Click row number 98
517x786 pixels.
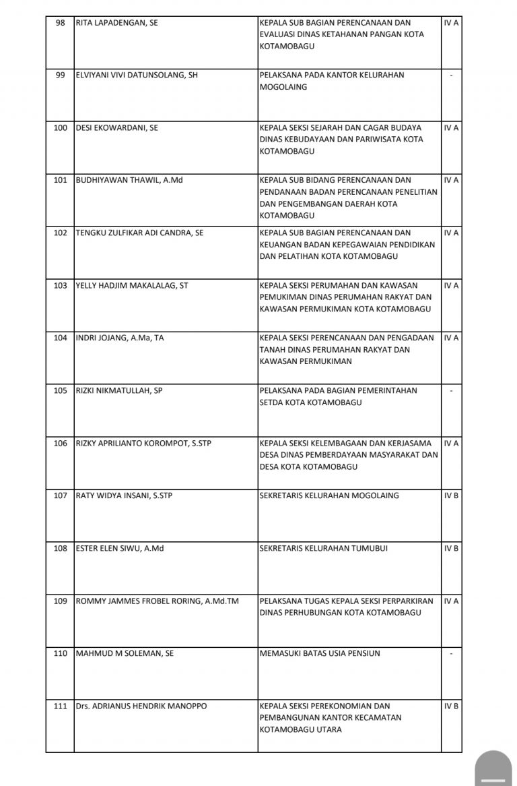point(61,23)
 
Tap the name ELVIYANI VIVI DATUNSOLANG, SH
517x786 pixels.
point(137,75)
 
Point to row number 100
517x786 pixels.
point(61,127)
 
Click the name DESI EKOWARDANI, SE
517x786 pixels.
point(117,127)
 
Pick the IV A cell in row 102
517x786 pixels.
point(452,233)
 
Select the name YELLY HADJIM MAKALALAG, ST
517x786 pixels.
point(132,285)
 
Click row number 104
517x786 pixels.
point(61,338)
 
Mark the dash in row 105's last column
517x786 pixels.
point(452,390)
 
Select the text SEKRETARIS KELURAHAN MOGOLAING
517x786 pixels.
point(329,495)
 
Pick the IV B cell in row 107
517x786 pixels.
point(452,495)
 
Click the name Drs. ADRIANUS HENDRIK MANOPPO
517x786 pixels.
point(141,706)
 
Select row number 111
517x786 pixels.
point(61,706)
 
